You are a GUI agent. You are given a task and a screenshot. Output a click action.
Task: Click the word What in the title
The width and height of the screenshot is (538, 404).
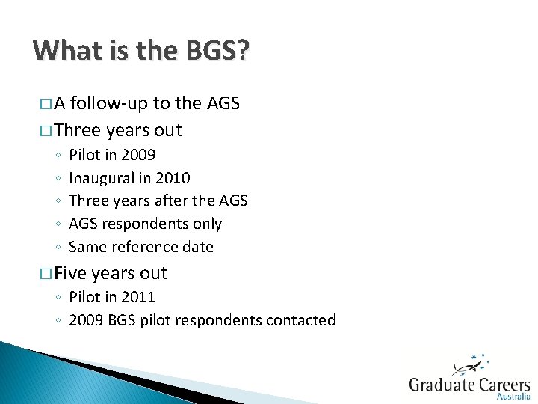[64, 52]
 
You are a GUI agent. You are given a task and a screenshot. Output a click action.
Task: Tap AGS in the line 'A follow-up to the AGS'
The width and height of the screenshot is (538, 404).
[223, 104]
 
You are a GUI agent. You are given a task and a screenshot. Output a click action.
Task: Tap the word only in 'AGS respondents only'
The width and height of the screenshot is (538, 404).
[207, 224]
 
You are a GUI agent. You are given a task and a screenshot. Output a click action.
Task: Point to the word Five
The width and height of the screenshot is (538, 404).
[71, 273]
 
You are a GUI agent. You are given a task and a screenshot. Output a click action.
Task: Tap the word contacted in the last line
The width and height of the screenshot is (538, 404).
[300, 320]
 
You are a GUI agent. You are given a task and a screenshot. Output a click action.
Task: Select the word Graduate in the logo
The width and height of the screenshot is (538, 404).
[442, 385]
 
